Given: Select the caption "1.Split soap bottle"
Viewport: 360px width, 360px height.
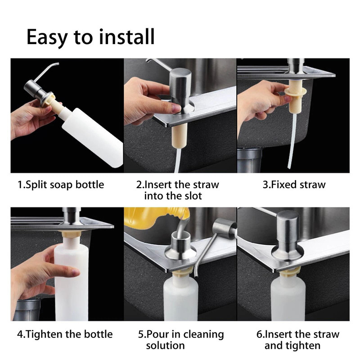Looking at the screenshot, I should (61, 184).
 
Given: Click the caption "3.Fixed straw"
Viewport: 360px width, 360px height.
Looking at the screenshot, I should (293, 184).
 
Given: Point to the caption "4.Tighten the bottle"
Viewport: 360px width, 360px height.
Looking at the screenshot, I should (65, 334).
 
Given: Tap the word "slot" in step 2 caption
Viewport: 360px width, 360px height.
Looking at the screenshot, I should (191, 196).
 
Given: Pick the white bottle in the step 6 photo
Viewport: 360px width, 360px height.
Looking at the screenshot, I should (288, 297).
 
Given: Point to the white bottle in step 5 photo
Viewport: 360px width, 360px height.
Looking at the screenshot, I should (180, 297).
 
